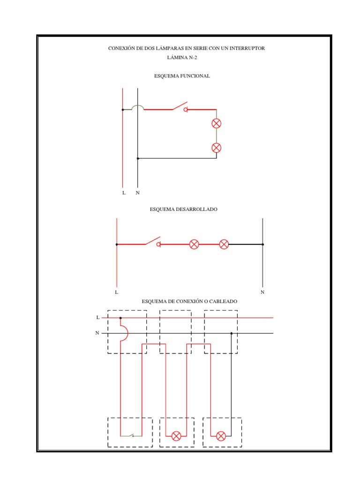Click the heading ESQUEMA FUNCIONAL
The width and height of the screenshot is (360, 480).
tap(182, 76)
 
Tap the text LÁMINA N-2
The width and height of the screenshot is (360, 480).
tap(182, 58)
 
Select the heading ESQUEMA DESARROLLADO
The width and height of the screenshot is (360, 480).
tap(183, 210)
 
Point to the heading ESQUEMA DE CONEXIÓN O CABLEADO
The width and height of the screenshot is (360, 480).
tap(189, 301)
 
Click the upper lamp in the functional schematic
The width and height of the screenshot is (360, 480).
tap(216, 124)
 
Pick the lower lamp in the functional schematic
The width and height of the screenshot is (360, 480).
tap(216, 148)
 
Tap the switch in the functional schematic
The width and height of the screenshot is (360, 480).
tap(180, 107)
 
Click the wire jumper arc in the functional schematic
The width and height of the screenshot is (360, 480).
tap(137, 107)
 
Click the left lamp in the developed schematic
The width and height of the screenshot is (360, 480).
tap(194, 244)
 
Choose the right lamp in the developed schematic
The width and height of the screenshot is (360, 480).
tap(224, 244)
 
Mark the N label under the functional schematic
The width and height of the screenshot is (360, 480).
tap(138, 193)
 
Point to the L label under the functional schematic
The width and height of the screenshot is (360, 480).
tap(124, 193)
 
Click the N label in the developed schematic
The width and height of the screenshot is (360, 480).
tap(262, 292)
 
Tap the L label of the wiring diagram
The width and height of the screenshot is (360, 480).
tap(97, 317)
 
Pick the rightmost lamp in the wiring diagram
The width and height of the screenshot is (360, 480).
tap(221, 436)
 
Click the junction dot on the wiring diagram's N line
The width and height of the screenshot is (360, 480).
tap(231, 333)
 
